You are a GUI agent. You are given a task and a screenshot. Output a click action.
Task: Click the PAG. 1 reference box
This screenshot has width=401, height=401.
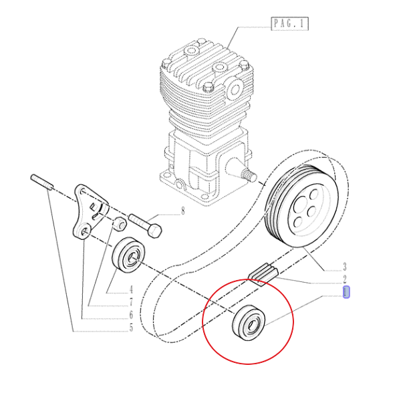pyautogui.click(x=290, y=24)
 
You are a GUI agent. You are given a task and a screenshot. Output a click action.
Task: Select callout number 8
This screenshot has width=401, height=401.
pyautogui.click(x=182, y=211)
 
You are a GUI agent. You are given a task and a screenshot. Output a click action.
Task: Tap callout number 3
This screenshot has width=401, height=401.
pyautogui.click(x=344, y=267)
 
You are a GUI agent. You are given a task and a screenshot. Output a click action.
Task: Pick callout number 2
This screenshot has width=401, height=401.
pyautogui.click(x=344, y=279)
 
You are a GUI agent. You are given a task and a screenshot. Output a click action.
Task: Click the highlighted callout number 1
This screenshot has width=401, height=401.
pyautogui.click(x=346, y=292)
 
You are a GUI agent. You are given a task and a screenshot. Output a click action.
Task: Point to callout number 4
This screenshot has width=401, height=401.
pyautogui.click(x=131, y=290)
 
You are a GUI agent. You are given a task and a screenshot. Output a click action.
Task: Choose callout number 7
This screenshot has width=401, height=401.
pyautogui.click(x=131, y=303)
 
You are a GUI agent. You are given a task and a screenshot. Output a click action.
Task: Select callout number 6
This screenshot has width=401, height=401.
pyautogui.click(x=131, y=315)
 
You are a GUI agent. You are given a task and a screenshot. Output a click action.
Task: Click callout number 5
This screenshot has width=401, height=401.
pyautogui.click(x=131, y=327)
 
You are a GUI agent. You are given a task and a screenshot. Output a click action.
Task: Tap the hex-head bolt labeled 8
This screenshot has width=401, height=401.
pyautogui.click(x=145, y=225)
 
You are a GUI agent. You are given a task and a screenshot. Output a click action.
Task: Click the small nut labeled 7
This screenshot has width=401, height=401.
pyautogui.click(x=120, y=223)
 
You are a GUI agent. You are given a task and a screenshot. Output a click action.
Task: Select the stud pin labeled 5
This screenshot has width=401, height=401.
pyautogui.click(x=41, y=182)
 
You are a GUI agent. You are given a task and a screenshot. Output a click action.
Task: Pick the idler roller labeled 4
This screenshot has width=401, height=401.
pyautogui.click(x=129, y=255)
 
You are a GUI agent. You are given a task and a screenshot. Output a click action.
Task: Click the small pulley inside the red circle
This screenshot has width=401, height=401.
pyautogui.click(x=249, y=323)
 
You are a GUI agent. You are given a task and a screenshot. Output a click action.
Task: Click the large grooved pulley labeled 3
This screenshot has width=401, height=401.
pyautogui.click(x=302, y=205)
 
